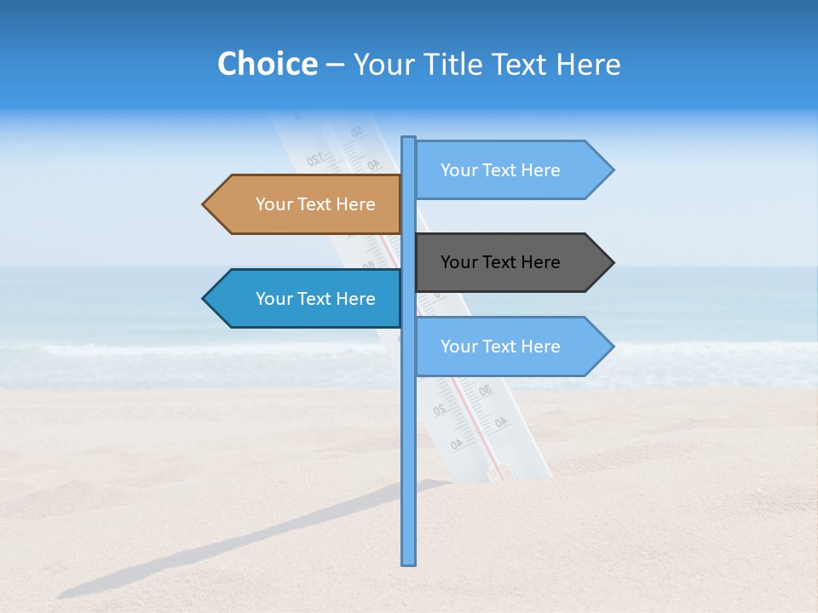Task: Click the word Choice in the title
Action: (x=267, y=64)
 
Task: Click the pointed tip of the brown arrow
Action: (x=204, y=204)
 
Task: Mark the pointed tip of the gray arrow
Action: (x=612, y=262)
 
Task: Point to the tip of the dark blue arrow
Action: (x=204, y=299)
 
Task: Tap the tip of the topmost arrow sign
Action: (x=612, y=170)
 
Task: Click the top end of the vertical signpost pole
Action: (x=408, y=138)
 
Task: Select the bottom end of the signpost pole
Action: (x=408, y=563)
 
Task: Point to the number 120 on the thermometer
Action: (x=314, y=158)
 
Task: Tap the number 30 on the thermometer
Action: (x=484, y=391)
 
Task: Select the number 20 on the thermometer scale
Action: (x=440, y=410)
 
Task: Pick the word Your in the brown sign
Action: (x=274, y=204)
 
